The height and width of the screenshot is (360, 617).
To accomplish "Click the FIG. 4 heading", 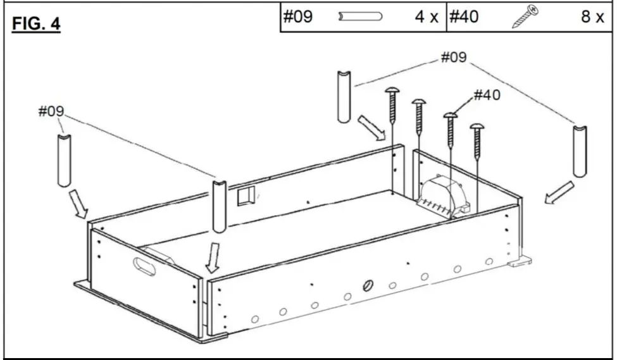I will tap(36, 24).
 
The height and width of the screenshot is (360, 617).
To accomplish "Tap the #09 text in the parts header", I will tap(297, 17).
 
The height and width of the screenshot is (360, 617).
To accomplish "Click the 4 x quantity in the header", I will tap(427, 17).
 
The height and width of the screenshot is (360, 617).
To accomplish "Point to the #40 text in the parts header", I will tap(464, 17).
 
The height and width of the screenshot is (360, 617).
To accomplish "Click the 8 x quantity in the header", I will tap(592, 17).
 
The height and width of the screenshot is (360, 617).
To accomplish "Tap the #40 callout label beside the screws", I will tap(487, 95).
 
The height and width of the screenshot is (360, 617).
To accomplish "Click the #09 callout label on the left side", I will tap(51, 111).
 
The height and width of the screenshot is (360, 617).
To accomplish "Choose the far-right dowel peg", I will tap(580, 151).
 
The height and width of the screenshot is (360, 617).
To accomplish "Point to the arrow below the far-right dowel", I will tap(559, 192).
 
